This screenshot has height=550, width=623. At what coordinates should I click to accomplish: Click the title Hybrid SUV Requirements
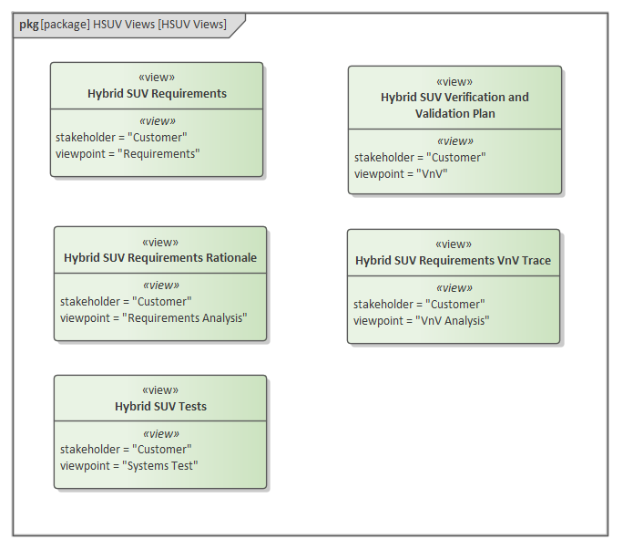pos(157,93)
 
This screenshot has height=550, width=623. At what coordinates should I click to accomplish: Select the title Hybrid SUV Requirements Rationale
pos(160,258)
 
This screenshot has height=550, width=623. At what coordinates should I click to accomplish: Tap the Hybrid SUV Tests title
pos(160,407)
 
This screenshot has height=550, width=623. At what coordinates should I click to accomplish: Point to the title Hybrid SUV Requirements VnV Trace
pos(453,261)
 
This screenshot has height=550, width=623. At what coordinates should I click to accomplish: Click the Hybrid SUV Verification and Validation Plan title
pos(454,105)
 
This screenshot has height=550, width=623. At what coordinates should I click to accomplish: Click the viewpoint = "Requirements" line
pos(128,154)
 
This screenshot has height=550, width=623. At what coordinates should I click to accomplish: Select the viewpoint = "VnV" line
pos(401,174)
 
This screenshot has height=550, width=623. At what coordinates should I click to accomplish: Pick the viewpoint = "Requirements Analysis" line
pos(153,318)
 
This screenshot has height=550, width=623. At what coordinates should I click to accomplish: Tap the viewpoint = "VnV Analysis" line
pos(421,321)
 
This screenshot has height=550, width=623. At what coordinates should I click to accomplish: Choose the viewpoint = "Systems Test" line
pos(129,466)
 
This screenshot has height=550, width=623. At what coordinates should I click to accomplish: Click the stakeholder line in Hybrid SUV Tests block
pos(126,450)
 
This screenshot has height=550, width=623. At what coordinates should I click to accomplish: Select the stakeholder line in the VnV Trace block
pos(419,305)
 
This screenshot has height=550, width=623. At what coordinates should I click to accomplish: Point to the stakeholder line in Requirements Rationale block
pos(126,302)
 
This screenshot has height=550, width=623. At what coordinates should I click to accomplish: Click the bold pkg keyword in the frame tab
pos(28,25)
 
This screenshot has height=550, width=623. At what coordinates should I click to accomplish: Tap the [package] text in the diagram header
pos(65,25)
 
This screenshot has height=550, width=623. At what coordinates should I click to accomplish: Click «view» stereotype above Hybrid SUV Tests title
pos(160,390)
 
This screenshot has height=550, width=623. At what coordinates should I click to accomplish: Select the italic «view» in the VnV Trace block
pos(454,288)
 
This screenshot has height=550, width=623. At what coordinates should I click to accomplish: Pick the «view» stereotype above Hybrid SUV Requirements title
pos(157,78)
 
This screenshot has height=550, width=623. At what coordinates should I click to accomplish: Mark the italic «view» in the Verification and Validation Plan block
pos(454,141)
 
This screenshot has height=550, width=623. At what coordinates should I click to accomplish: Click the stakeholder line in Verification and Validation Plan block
pos(420,158)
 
